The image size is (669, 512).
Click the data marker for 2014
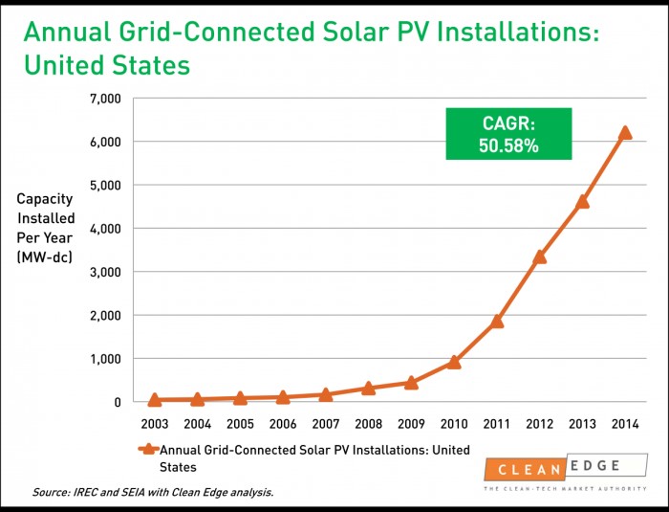click(625, 133)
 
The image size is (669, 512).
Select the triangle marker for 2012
click(540, 256)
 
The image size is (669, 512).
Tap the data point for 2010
click(454, 362)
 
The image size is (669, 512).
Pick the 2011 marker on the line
click(497, 321)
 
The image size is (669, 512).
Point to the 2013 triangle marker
click(582, 201)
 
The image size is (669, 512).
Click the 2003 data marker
click(154, 399)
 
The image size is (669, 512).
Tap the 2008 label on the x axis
click(368, 422)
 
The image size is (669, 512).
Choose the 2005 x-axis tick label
click(240, 422)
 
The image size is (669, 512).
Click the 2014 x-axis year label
click(625, 422)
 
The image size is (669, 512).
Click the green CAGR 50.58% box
click(508, 133)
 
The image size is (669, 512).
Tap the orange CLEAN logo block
click(524, 469)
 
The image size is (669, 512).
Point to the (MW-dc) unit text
click(46, 258)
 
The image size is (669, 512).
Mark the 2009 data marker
click(411, 382)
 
